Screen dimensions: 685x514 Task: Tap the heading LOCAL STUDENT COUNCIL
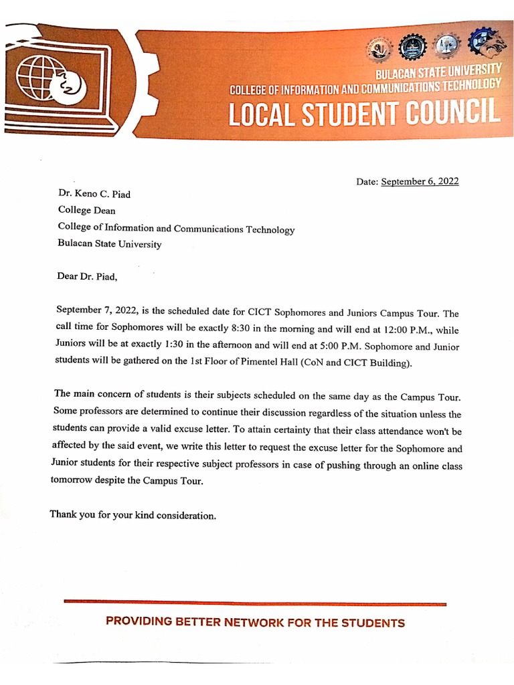tap(364, 114)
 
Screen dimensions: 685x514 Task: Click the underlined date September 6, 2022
tap(420, 181)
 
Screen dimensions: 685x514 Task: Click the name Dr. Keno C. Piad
tap(94, 195)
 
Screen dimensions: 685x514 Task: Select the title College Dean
tap(86, 211)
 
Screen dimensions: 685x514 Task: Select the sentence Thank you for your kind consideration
tap(133, 515)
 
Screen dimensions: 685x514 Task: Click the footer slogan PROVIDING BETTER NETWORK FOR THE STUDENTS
tap(255, 623)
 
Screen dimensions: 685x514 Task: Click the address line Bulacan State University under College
tap(110, 244)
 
